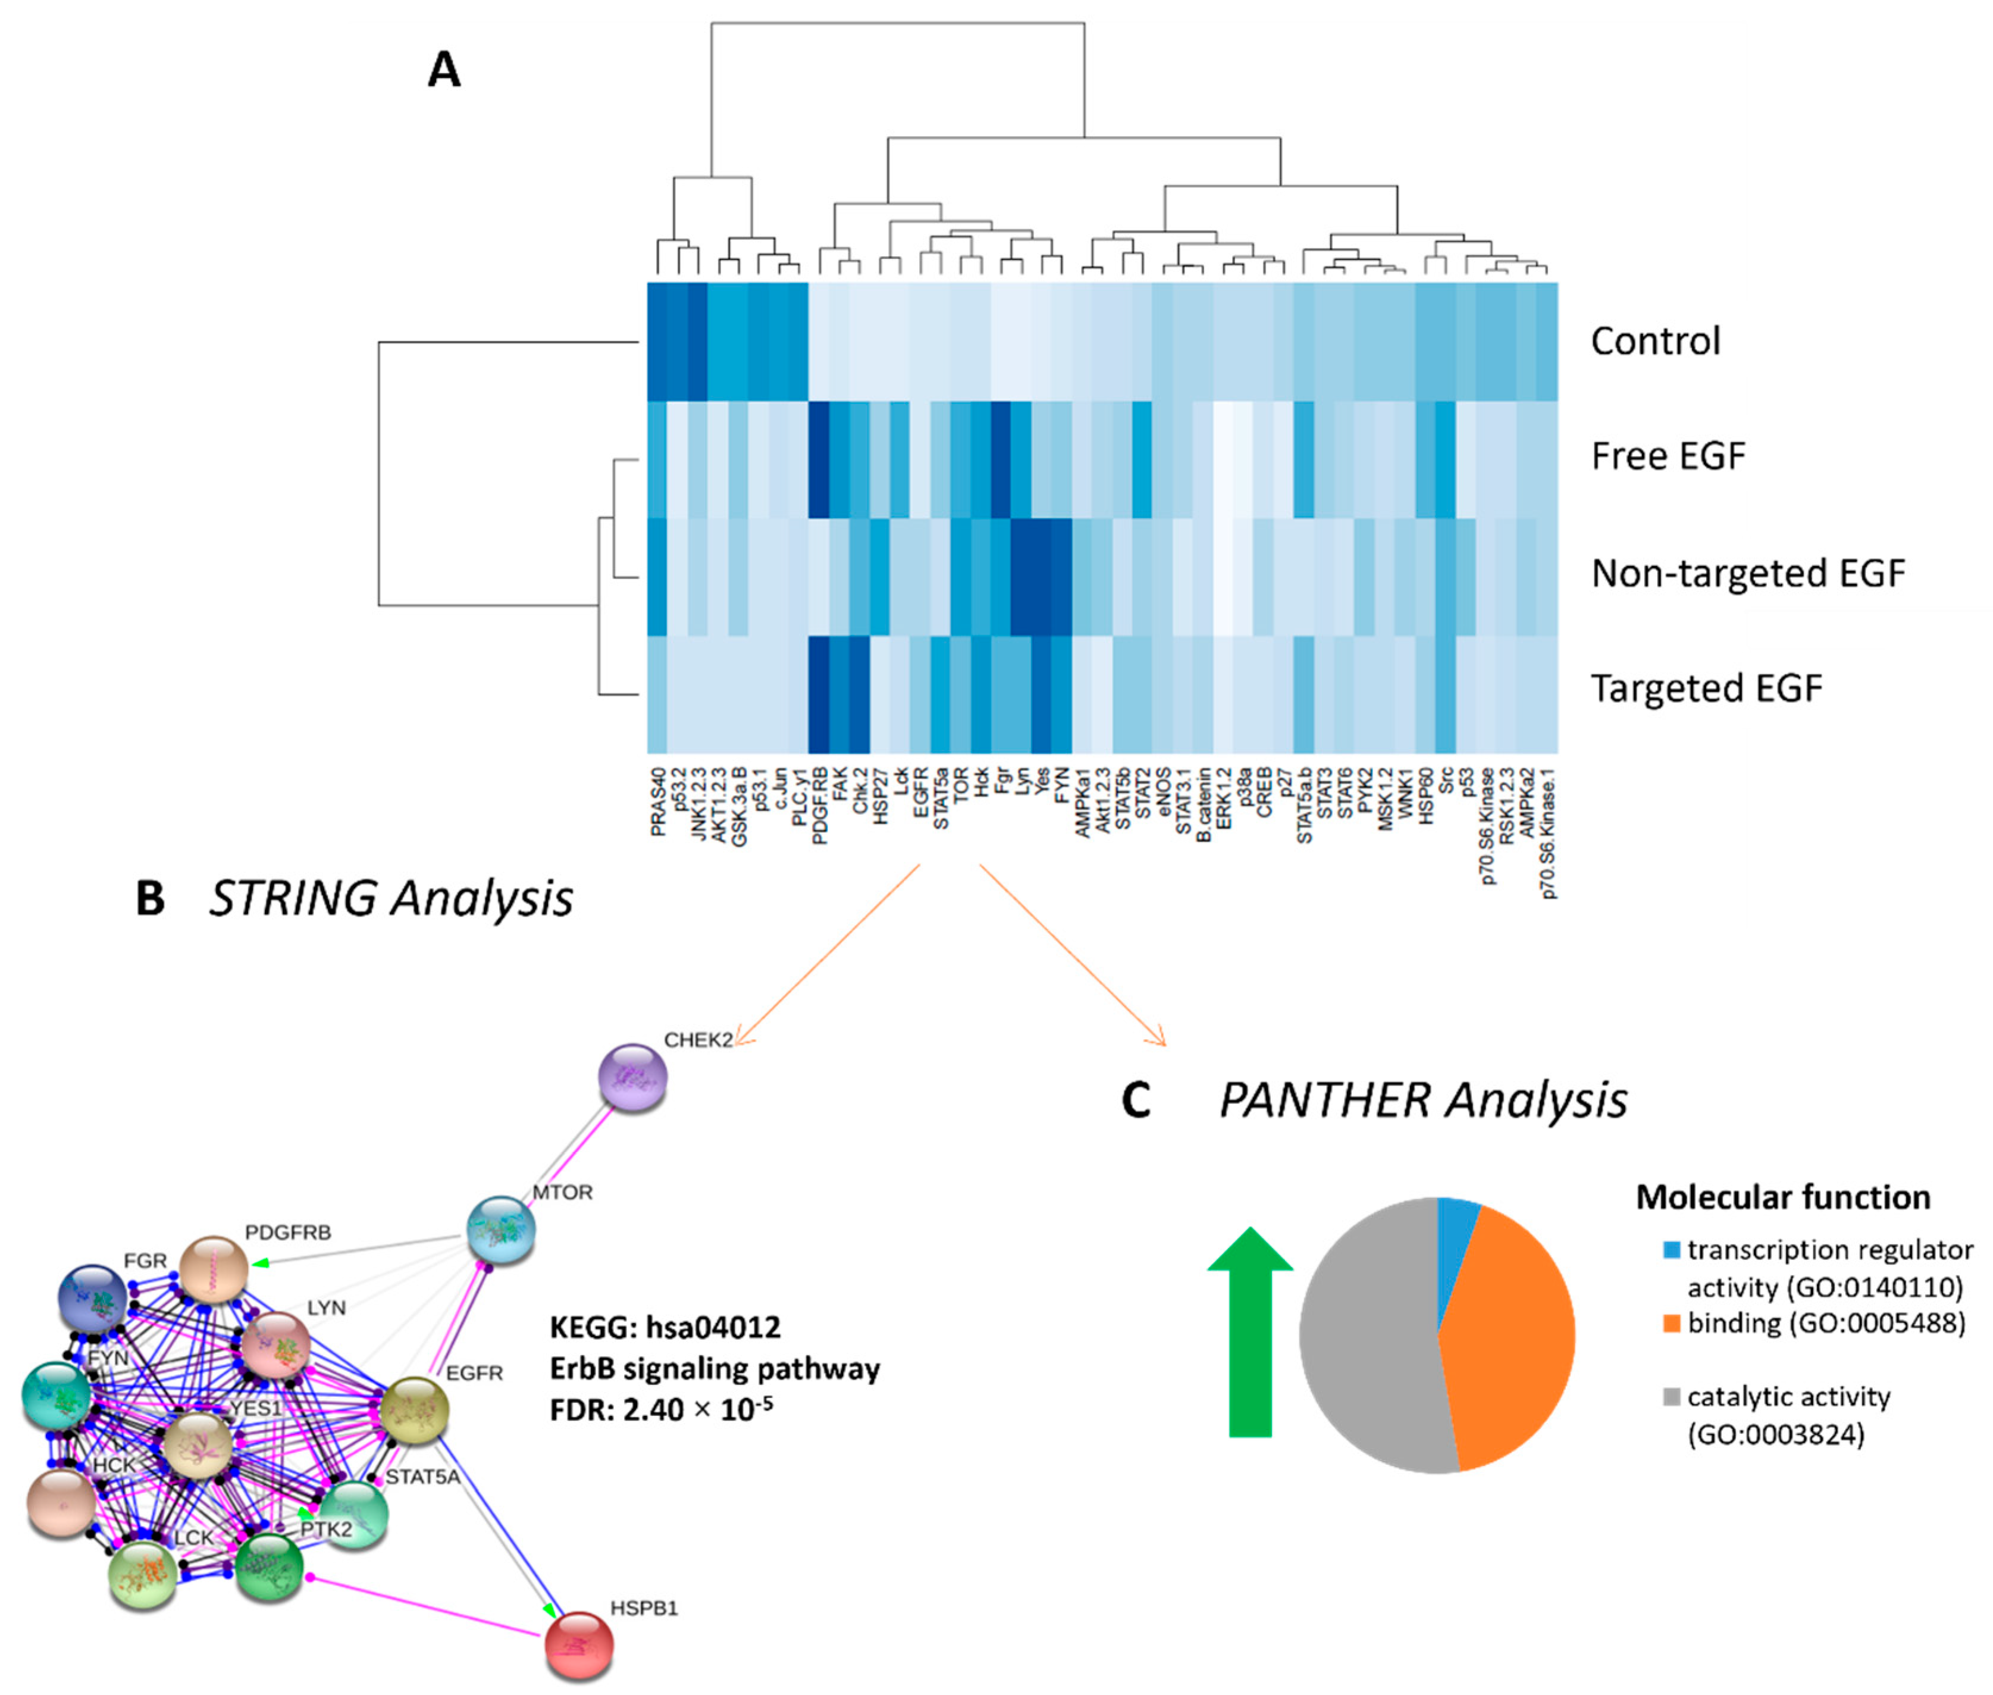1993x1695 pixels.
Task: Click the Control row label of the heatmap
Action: pyautogui.click(x=1655, y=341)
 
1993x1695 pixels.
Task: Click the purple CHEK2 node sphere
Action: pyautogui.click(x=632, y=1078)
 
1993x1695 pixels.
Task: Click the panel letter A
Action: pyautogui.click(x=444, y=70)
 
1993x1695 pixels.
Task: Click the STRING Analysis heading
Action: pyautogui.click(x=390, y=899)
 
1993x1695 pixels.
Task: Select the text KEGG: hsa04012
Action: pyautogui.click(x=665, y=1327)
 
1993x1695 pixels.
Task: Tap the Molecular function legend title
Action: pyautogui.click(x=1782, y=1197)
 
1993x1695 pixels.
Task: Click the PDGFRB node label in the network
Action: pyautogui.click(x=287, y=1232)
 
